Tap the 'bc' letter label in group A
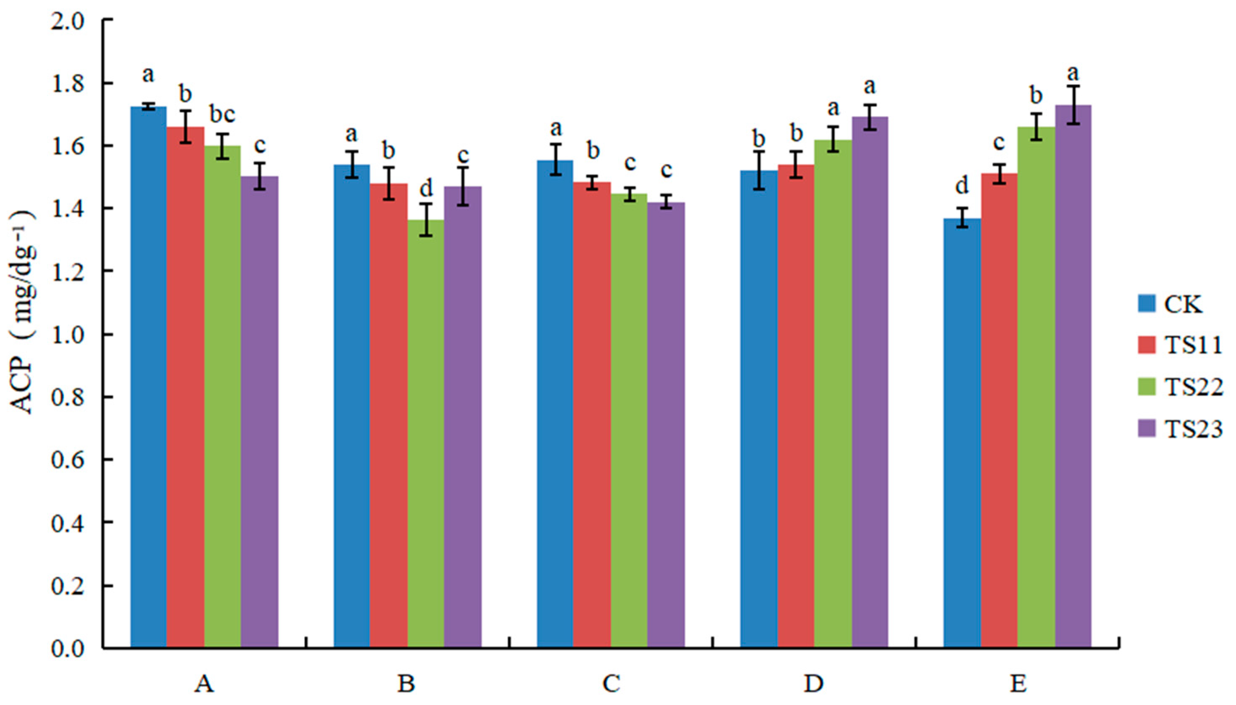[x=222, y=115]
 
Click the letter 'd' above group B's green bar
[x=426, y=187]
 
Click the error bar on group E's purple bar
[x=1073, y=105]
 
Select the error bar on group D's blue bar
[x=759, y=171]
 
